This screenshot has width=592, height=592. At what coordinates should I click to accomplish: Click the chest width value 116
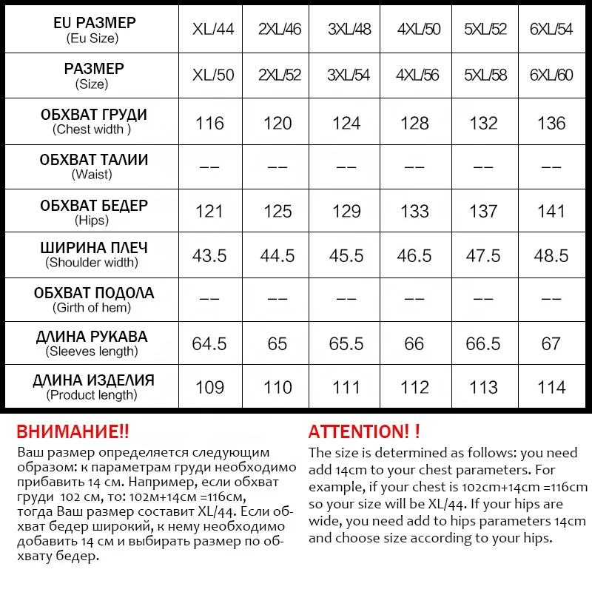[209, 124]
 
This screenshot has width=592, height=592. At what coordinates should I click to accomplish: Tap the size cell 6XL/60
[551, 76]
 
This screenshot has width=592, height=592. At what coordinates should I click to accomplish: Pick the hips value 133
[414, 212]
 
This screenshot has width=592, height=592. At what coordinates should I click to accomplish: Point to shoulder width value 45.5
[346, 256]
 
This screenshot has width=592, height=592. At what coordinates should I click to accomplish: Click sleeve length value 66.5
[483, 344]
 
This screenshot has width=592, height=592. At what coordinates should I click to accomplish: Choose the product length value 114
[551, 388]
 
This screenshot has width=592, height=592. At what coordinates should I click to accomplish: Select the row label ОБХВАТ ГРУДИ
[93, 115]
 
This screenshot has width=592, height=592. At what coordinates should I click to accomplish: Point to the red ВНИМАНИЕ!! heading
[73, 432]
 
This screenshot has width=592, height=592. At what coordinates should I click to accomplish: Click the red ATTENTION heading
[364, 432]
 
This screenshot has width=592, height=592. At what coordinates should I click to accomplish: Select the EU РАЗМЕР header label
[95, 23]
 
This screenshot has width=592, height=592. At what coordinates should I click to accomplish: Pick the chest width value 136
[551, 124]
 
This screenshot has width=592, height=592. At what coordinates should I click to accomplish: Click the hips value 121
[209, 212]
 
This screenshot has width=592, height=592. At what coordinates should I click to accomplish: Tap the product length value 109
[209, 388]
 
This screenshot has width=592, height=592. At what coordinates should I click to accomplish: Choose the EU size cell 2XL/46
[280, 30]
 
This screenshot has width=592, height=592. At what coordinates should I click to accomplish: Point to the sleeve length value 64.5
[209, 344]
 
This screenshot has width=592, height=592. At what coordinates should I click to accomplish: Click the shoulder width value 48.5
[551, 256]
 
